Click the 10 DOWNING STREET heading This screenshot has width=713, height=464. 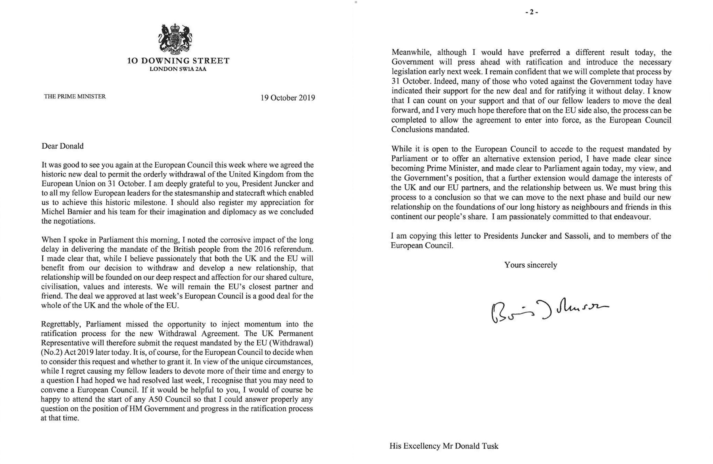(x=178, y=61)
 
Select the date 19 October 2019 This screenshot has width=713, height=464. (x=288, y=98)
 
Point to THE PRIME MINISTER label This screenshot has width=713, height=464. (x=75, y=97)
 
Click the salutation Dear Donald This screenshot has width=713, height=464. (x=63, y=146)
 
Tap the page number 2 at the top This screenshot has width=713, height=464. (x=532, y=12)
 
